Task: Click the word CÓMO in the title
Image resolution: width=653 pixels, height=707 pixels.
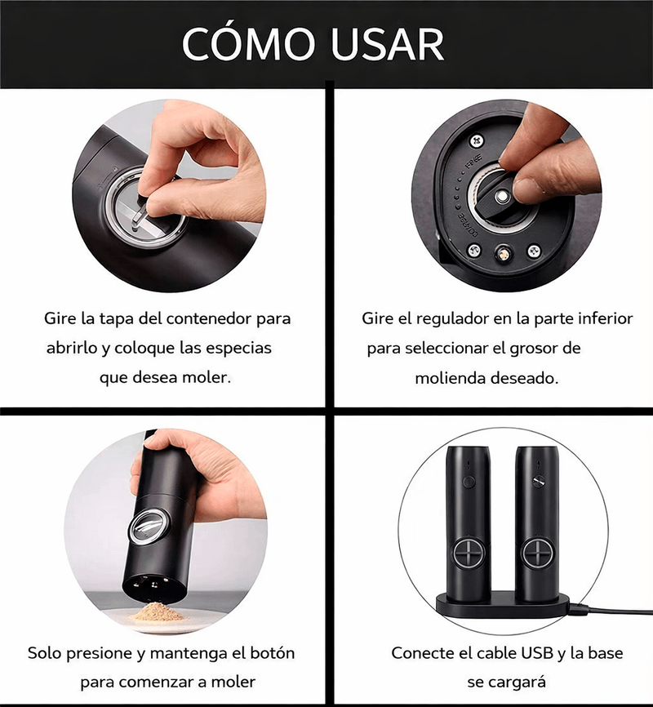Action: [x=248, y=43]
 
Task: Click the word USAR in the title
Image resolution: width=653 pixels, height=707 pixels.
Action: [x=387, y=44]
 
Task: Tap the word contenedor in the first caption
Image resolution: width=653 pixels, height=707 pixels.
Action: [x=204, y=318]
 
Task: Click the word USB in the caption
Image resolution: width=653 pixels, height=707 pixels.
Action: [x=537, y=653]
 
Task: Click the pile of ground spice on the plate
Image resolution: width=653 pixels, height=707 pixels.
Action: [x=156, y=611]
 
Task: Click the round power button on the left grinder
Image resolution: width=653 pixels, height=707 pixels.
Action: [x=469, y=482]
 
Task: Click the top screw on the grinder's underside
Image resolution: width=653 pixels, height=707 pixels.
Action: [x=477, y=140]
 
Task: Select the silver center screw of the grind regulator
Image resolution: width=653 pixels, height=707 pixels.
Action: [x=500, y=197]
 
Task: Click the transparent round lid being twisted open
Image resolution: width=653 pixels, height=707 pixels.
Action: [x=145, y=211]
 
